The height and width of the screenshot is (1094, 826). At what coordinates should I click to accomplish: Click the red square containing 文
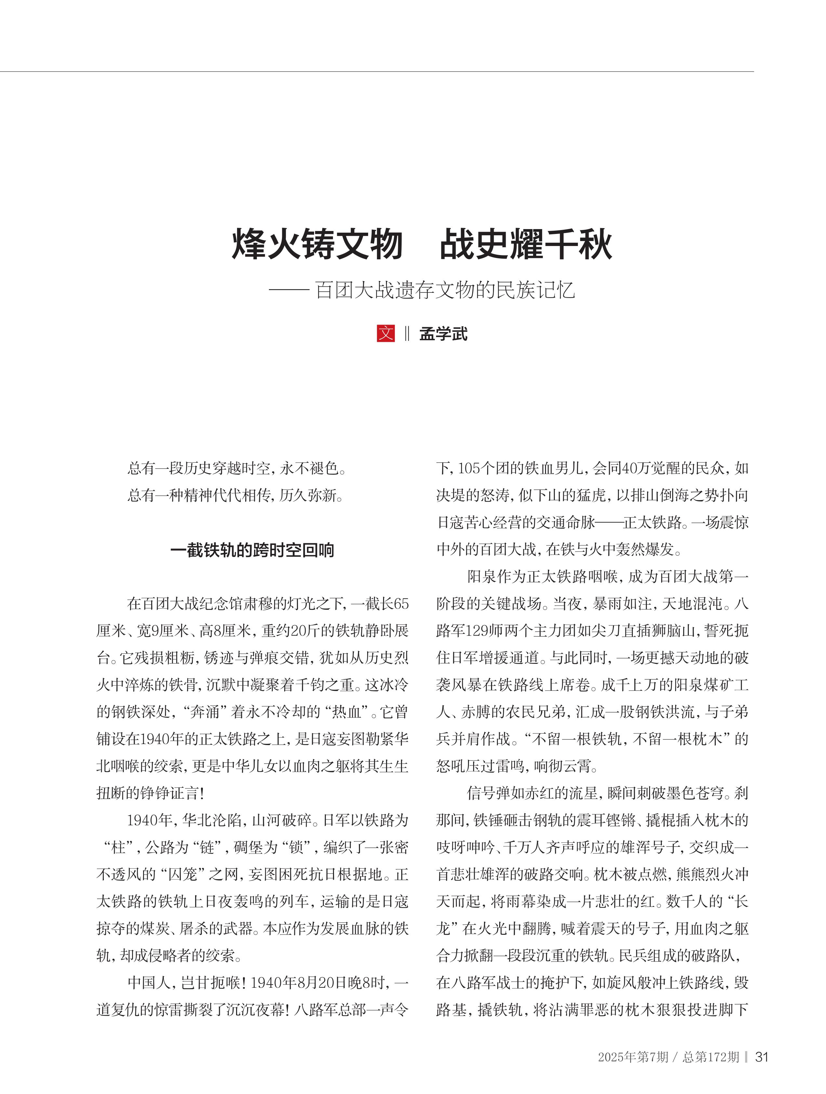[386, 333]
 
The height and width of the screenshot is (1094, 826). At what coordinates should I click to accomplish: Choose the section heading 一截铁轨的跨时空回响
[252, 550]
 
